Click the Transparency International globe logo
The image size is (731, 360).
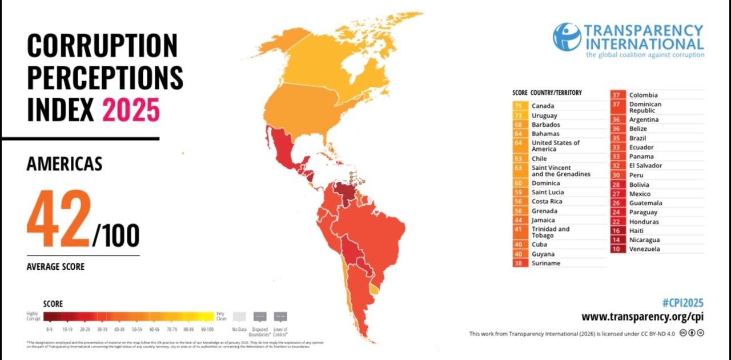pyautogui.click(x=567, y=37)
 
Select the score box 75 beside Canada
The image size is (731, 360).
pyautogui.click(x=519, y=106)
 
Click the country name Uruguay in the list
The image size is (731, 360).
pyautogui.click(x=544, y=115)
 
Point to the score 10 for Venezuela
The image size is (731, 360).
pyautogui.click(x=616, y=249)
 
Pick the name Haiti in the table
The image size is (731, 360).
pyautogui.click(x=637, y=231)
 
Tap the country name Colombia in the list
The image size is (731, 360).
pyautogui.click(x=643, y=95)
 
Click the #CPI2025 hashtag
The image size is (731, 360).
pyautogui.click(x=682, y=303)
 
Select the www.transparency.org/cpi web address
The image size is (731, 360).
pyautogui.click(x=642, y=317)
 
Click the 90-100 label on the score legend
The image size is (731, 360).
pyautogui.click(x=207, y=330)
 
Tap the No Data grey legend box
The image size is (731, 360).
pyautogui.click(x=239, y=317)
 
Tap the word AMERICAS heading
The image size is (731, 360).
pyautogui.click(x=65, y=165)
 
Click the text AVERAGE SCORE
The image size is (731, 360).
pyautogui.click(x=55, y=267)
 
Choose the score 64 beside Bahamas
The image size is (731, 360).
pyautogui.click(x=519, y=134)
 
